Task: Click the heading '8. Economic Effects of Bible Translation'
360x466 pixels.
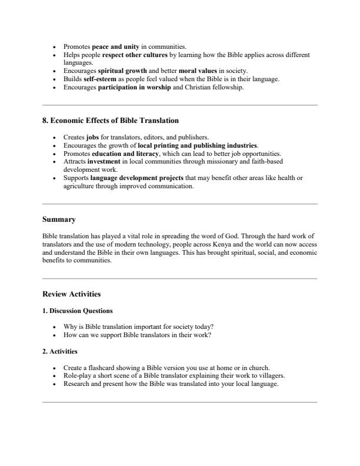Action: pos(111,121)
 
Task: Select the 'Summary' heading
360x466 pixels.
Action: pos(59,219)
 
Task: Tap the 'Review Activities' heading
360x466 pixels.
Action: pos(72,294)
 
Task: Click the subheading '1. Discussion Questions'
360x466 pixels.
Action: pos(78,310)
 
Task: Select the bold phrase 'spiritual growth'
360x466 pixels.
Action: pos(122,71)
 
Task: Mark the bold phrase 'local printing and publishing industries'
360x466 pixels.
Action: pos(198,145)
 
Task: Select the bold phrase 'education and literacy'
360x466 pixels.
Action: pos(124,154)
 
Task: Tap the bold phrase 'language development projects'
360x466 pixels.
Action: pos(137,178)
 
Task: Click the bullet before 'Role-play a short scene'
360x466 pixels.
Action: pos(55,376)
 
